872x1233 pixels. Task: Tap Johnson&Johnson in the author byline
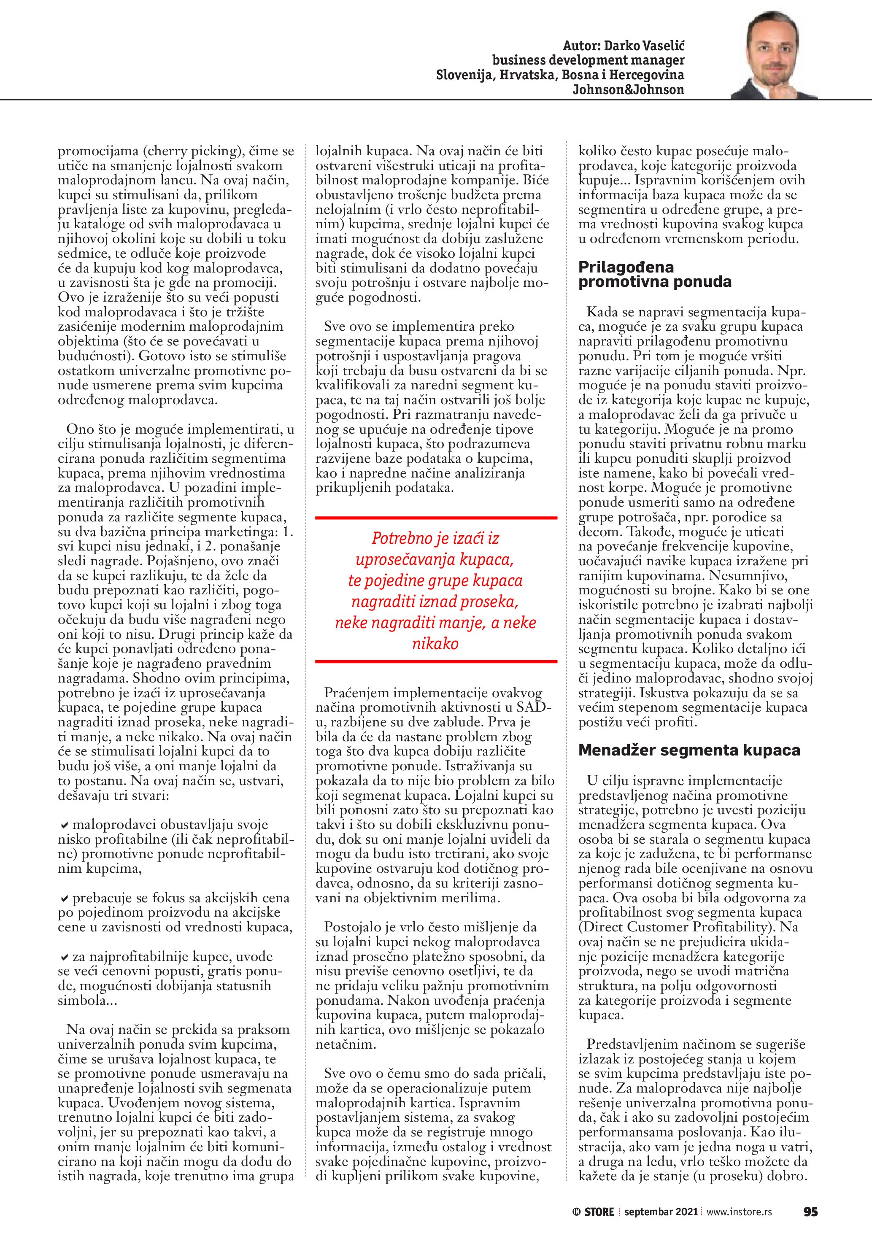(628, 90)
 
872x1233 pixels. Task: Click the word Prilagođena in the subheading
(626, 267)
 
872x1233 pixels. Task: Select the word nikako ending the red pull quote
(435, 643)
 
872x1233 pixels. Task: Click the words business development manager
(588, 60)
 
